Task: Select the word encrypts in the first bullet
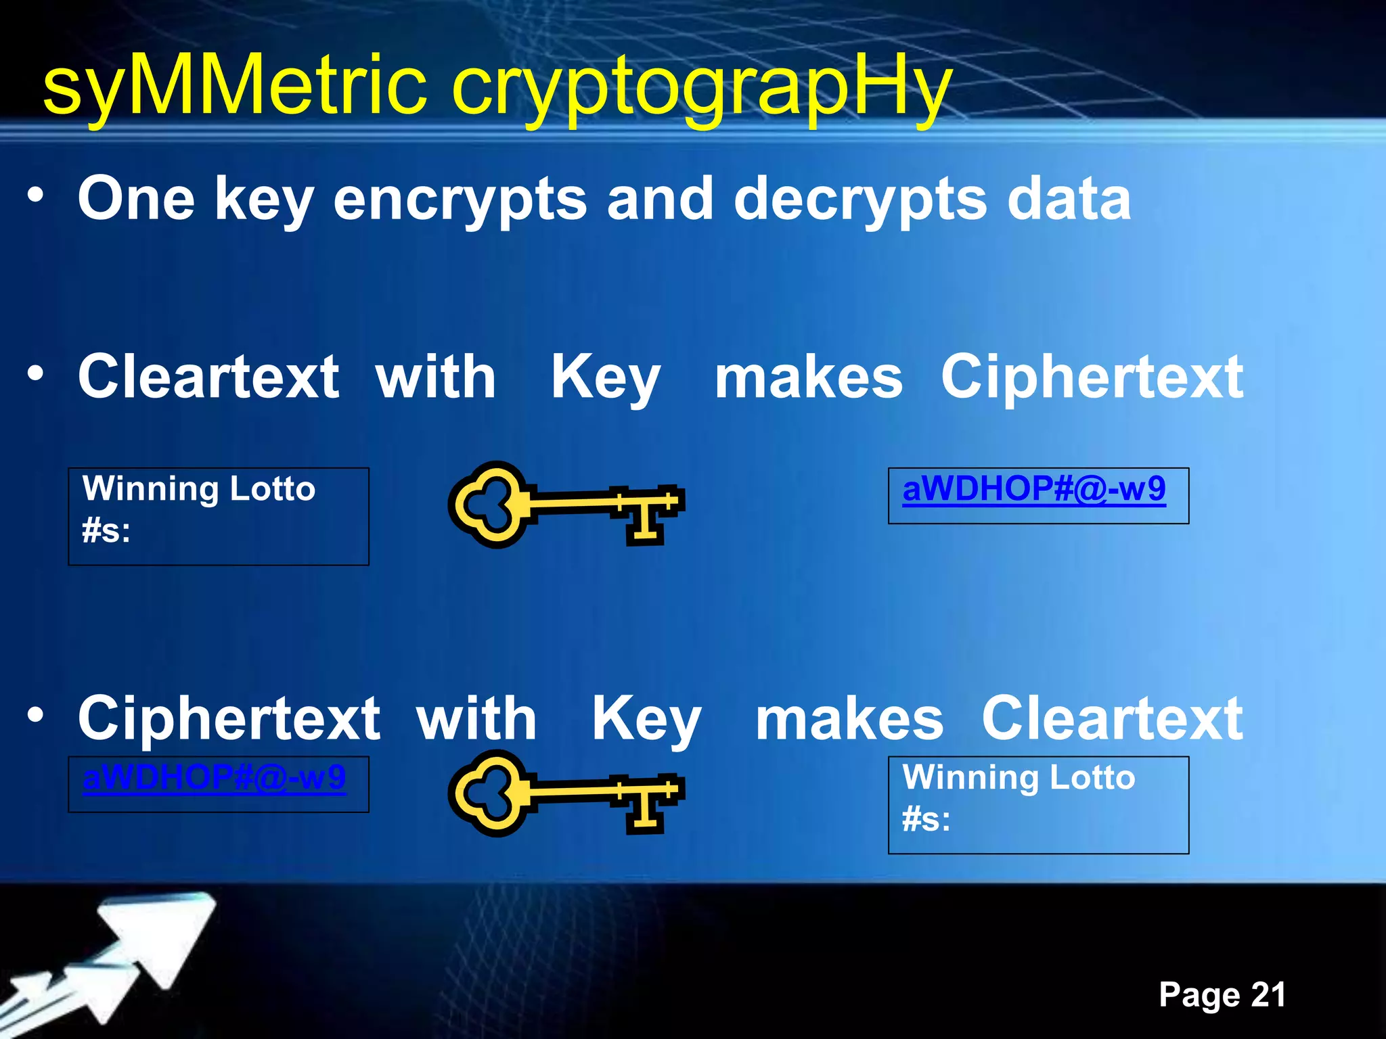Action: [460, 199]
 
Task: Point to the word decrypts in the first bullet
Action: [860, 199]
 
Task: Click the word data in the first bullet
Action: [1069, 199]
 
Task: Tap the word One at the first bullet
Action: [136, 199]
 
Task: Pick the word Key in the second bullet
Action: [605, 378]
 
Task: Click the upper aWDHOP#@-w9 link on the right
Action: [1034, 488]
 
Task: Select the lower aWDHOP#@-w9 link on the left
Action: [214, 777]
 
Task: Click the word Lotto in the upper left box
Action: [272, 488]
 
